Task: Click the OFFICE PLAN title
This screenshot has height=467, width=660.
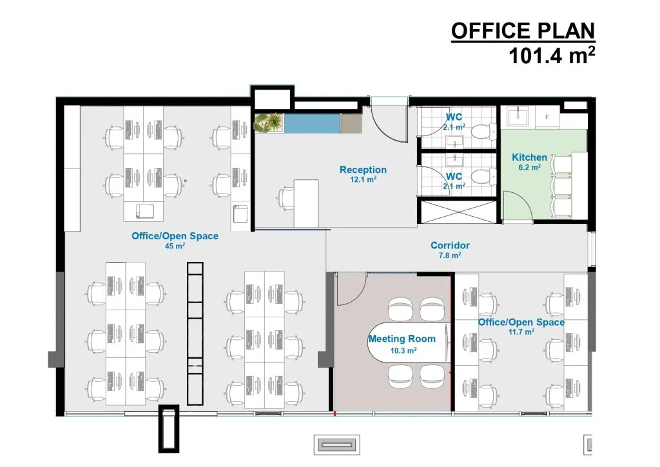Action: [523, 31]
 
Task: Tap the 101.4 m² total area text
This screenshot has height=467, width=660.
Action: [552, 55]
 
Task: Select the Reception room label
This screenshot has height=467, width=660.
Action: [363, 170]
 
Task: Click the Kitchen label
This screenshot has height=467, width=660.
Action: [530, 157]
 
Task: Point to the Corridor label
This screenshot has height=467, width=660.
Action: [450, 246]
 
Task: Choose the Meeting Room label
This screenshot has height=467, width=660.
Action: [402, 339]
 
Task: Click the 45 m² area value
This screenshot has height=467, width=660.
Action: [175, 246]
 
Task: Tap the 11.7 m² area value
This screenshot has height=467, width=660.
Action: [521, 332]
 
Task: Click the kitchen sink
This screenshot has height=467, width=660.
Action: [518, 116]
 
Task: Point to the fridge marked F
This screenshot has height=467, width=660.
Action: [547, 117]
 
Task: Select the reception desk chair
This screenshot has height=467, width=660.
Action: [287, 198]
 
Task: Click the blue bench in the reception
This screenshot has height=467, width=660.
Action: [313, 123]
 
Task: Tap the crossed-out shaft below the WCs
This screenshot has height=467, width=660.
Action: [459, 212]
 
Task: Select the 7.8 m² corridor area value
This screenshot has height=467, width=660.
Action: [449, 255]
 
